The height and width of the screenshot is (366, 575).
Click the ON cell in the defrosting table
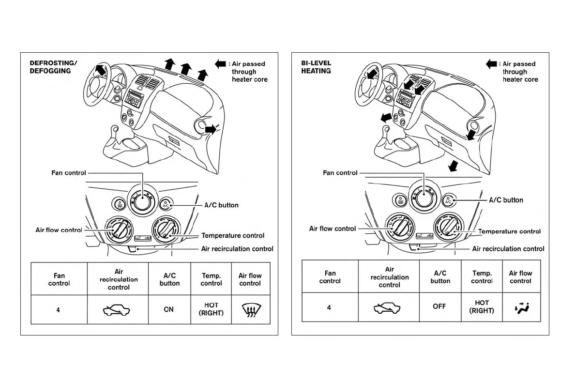point(168,309)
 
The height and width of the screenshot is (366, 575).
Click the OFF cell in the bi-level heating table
point(439,306)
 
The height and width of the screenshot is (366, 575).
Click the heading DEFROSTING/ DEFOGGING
point(50,67)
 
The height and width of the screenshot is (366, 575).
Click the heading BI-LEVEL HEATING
point(316,67)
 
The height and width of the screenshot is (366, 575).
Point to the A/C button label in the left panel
point(221,205)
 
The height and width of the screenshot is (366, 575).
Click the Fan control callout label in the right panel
point(340,173)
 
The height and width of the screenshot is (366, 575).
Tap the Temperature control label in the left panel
point(233,236)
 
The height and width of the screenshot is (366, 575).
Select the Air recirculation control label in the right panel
point(508,249)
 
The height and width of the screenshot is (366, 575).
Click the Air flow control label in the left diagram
point(59,230)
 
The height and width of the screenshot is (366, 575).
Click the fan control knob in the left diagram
point(143,202)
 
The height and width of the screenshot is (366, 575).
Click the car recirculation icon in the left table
point(118,310)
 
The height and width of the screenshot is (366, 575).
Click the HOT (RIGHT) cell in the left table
point(211,309)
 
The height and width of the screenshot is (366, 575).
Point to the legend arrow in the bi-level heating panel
point(491,64)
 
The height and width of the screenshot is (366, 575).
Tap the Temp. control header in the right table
point(482,277)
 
